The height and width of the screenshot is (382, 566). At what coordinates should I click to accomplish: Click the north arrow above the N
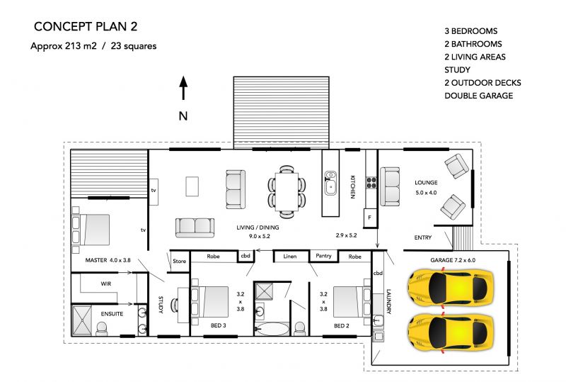(183, 88)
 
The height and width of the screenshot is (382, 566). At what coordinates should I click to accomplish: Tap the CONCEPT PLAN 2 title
(86, 26)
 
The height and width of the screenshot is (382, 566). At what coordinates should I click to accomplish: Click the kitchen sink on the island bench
(330, 183)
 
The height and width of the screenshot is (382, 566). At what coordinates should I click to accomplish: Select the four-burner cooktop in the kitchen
(371, 183)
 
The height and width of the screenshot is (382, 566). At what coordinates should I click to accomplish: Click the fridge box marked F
(369, 218)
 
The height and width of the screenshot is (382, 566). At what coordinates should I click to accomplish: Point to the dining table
(287, 192)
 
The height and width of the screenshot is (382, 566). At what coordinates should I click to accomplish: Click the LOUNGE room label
(426, 183)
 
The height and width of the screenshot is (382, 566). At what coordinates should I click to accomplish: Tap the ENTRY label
(422, 237)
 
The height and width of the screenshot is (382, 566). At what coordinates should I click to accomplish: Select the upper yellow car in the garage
(451, 288)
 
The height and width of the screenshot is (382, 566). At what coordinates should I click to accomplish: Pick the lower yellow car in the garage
(451, 332)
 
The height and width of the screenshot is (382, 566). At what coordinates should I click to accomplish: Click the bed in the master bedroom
(91, 230)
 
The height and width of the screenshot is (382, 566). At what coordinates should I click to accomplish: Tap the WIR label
(105, 284)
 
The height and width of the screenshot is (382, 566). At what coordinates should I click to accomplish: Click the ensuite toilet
(101, 329)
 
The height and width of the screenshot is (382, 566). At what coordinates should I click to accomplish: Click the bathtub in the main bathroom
(272, 329)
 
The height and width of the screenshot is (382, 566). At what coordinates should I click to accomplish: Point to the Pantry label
(323, 256)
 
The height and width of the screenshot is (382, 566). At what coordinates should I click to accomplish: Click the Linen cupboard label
(290, 257)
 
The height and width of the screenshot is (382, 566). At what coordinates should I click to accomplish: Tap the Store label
(180, 262)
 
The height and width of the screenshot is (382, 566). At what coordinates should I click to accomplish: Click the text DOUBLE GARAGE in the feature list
(479, 96)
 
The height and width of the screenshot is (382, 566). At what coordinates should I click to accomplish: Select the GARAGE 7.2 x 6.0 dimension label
(453, 260)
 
